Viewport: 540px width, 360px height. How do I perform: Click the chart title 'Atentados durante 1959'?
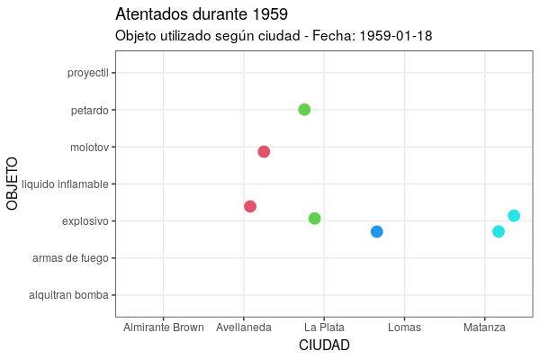(202, 14)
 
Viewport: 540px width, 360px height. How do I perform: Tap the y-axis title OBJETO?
(13, 184)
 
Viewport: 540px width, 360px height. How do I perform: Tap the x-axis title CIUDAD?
(324, 346)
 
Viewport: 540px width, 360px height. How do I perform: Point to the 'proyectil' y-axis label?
(87, 74)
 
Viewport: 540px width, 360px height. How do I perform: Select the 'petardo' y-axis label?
(90, 111)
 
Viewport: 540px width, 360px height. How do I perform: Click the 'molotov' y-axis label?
(89, 148)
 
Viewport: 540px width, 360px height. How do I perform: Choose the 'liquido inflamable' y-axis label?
(65, 184)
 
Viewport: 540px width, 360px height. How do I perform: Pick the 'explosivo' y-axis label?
(85, 221)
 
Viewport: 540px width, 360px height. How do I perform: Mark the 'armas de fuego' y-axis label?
(70, 258)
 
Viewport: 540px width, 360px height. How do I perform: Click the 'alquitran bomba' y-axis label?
(68, 295)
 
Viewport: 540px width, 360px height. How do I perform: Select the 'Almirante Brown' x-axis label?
(164, 328)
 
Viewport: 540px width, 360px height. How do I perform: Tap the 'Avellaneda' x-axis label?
(244, 328)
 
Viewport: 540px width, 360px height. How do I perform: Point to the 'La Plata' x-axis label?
(324, 328)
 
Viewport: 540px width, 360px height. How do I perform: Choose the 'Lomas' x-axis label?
(404, 328)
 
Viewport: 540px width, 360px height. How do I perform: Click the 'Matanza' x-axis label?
(484, 328)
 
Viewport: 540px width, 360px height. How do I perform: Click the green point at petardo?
(304, 110)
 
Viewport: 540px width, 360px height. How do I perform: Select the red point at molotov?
(264, 151)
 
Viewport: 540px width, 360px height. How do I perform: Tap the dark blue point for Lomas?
(377, 232)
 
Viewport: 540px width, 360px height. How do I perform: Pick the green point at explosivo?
(315, 219)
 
